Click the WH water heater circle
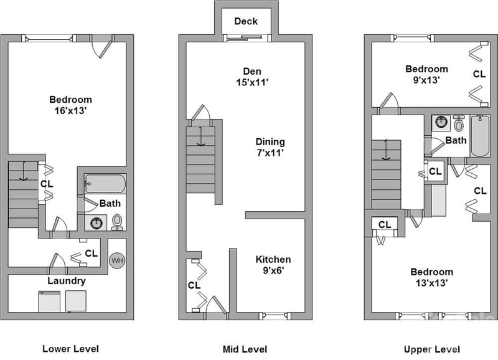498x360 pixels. click(x=117, y=260)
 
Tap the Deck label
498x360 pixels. click(x=246, y=21)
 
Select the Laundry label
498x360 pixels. click(x=67, y=281)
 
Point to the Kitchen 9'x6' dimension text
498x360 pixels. click(x=273, y=270)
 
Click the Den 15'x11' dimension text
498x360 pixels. click(x=252, y=82)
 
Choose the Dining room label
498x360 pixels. click(x=270, y=142)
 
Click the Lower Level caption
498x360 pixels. click(x=70, y=349)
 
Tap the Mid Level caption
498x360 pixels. click(x=245, y=349)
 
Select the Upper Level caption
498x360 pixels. click(x=431, y=349)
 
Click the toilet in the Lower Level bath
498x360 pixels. click(x=117, y=222)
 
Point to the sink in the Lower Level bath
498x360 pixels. click(x=96, y=223)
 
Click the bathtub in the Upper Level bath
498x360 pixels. click(x=480, y=136)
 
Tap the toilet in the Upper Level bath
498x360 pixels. click(x=459, y=123)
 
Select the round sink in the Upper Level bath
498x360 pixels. click(x=441, y=122)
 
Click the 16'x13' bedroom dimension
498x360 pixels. click(x=70, y=111)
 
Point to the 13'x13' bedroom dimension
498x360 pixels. click(x=431, y=283)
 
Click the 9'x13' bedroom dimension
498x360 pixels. click(x=426, y=80)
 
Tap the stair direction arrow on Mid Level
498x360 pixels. click(x=200, y=136)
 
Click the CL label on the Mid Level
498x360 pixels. click(x=194, y=285)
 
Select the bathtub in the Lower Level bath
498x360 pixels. click(x=105, y=184)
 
